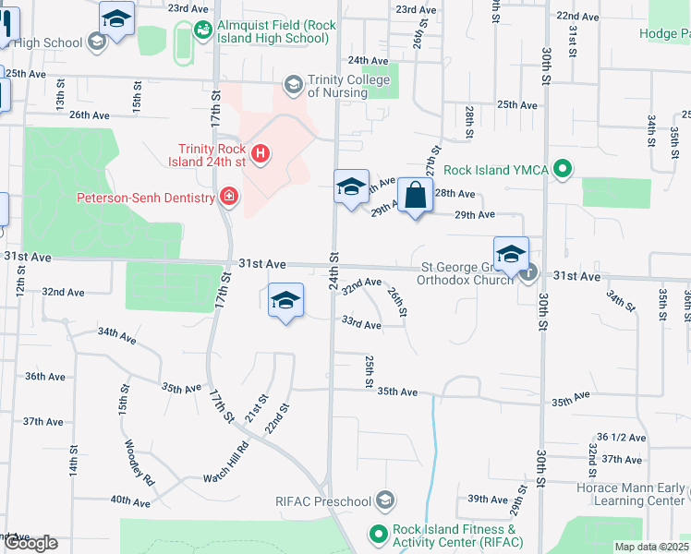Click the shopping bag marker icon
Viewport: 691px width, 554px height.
416,196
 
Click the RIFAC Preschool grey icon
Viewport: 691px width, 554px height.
385,501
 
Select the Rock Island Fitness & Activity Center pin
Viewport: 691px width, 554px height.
377,534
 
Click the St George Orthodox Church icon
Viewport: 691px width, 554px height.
527,272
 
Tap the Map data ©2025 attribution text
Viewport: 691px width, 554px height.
652,547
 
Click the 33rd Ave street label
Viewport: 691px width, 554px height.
361,324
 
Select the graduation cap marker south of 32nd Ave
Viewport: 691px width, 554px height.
286,300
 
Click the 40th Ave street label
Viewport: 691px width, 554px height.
130,500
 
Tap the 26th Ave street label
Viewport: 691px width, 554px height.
90,115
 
